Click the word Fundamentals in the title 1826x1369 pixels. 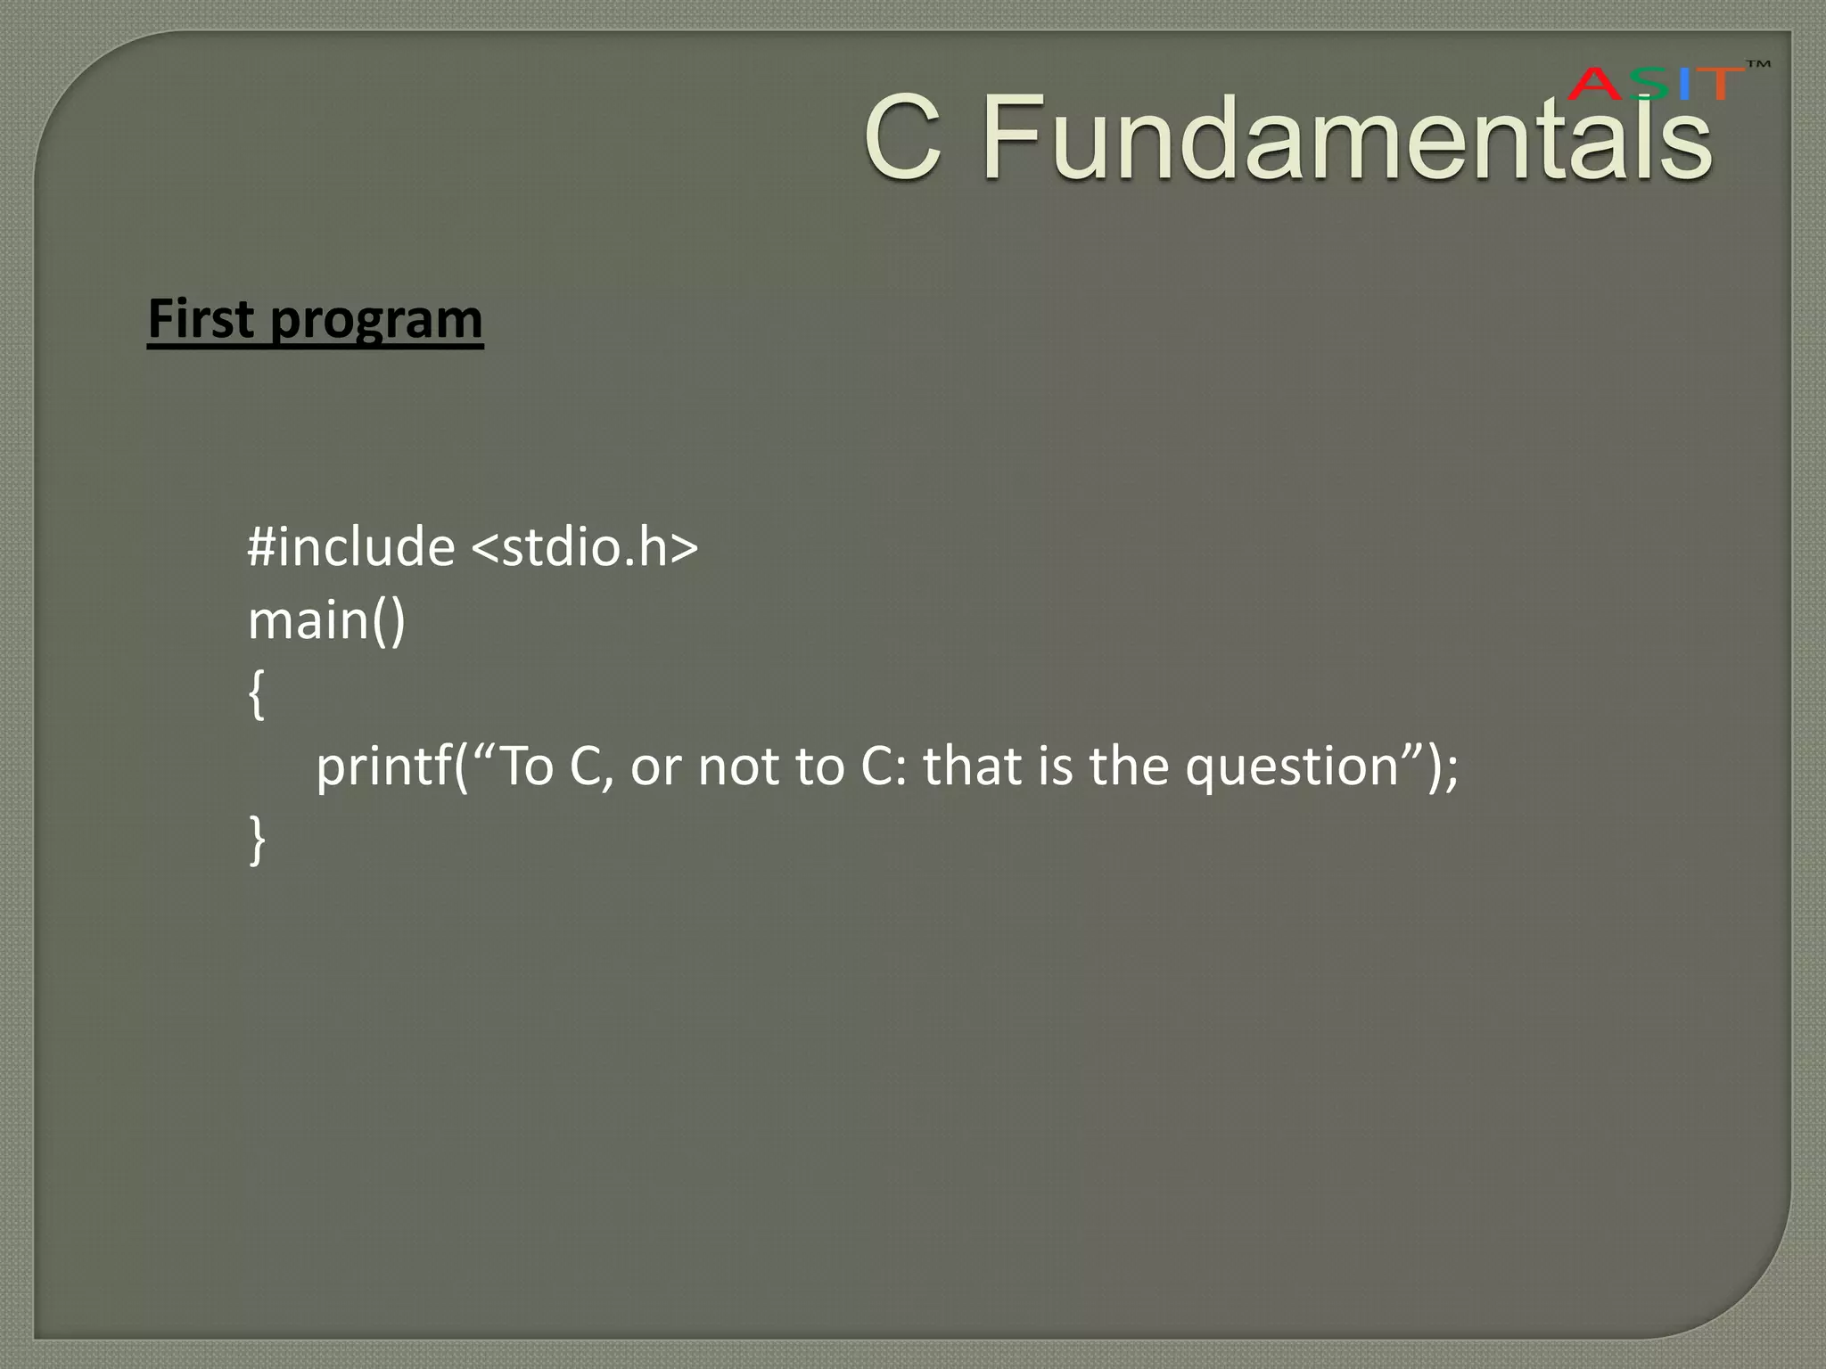coord(1346,138)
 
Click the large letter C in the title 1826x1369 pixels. coord(903,138)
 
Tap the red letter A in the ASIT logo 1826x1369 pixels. coord(1595,85)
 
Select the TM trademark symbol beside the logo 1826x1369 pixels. coord(1757,65)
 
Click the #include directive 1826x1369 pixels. coord(350,546)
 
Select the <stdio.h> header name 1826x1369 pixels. coord(584,546)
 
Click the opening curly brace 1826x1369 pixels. coord(257,694)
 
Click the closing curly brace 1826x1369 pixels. coord(257,840)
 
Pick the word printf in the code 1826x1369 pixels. coord(383,766)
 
